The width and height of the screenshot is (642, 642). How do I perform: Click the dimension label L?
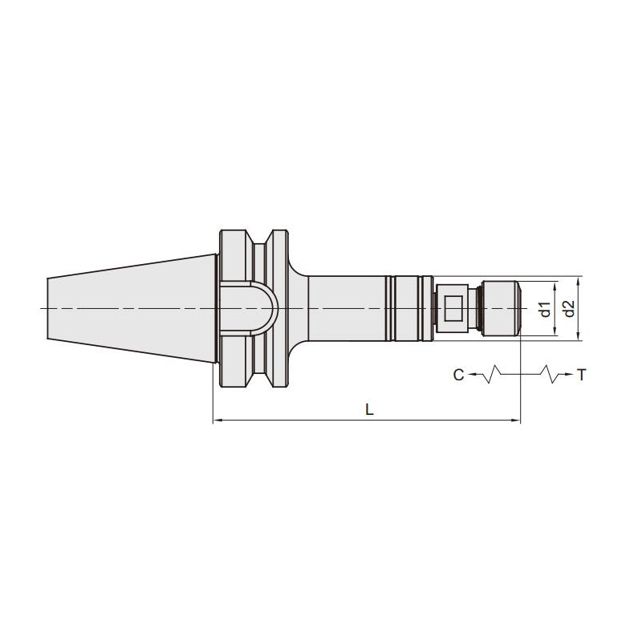[x=369, y=409]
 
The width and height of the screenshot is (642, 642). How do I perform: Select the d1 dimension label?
[x=545, y=309]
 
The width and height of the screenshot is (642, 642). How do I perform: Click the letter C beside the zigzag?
[x=458, y=374]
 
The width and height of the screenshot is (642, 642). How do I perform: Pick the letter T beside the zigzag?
[x=581, y=374]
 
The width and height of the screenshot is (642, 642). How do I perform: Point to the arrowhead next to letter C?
[x=471, y=374]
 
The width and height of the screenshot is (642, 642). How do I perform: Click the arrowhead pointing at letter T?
[x=567, y=374]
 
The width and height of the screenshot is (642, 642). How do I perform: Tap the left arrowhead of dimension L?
[x=217, y=420]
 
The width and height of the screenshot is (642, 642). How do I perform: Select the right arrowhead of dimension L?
[x=516, y=420]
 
